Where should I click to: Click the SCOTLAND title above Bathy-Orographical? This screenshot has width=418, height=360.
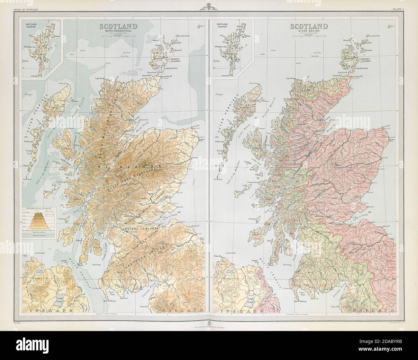(119, 26)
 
